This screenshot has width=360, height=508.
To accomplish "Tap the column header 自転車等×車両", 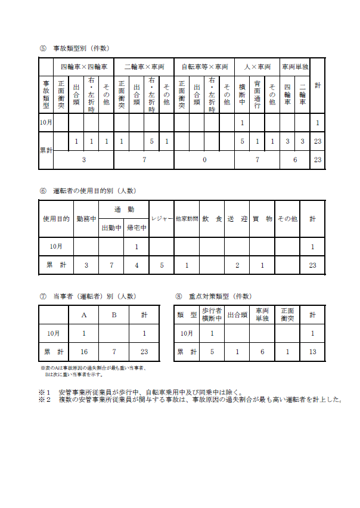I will click(x=204, y=67).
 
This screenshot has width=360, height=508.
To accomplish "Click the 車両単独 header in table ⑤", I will click(x=295, y=67).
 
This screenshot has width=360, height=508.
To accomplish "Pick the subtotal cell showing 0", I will click(x=204, y=160).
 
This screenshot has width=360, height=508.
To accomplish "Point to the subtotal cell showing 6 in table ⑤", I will click(x=295, y=160).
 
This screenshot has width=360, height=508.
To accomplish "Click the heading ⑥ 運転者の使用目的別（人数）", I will click(x=88, y=191).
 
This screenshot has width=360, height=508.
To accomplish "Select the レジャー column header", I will click(x=161, y=219).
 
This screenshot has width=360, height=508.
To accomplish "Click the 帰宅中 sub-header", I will click(x=136, y=228).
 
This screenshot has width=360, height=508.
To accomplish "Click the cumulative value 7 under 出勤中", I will click(x=111, y=265).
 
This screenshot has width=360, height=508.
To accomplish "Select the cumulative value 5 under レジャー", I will click(x=161, y=265).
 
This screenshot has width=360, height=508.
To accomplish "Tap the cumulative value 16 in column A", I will click(x=84, y=352).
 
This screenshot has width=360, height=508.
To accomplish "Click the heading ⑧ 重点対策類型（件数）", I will click(x=219, y=296).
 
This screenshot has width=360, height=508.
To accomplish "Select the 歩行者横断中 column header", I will click(x=212, y=315).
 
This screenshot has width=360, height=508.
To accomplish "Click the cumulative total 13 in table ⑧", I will click(x=312, y=352).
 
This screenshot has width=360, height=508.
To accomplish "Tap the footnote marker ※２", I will click(x=44, y=399).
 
